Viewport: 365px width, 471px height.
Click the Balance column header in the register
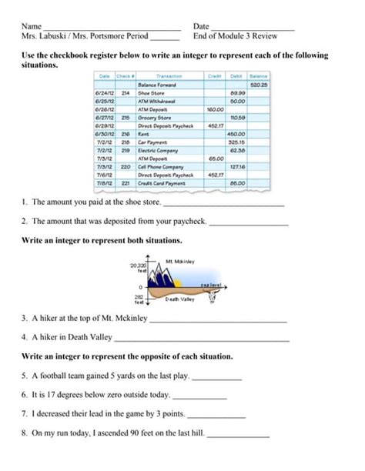point(258,76)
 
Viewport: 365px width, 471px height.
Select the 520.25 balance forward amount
point(258,84)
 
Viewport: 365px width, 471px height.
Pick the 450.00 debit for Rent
point(236,134)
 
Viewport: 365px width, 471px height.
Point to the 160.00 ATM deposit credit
point(215,109)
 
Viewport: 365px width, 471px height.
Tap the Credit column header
point(215,76)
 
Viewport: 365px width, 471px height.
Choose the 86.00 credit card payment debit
point(236,183)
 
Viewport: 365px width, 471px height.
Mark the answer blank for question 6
point(199,398)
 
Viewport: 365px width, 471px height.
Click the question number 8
point(25,433)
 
